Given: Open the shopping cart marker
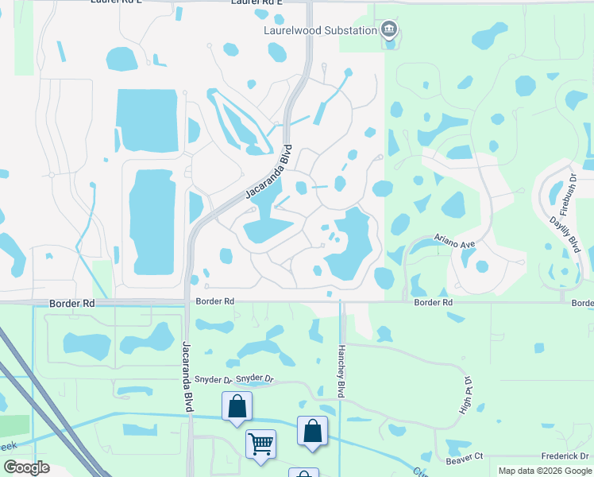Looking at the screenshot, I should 260,443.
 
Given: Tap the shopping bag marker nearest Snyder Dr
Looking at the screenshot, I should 237,406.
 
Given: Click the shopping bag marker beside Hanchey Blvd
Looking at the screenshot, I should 312,431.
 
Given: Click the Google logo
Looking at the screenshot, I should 26,467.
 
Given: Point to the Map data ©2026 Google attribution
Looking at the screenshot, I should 544,471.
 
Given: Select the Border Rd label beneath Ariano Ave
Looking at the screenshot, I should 433,303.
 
